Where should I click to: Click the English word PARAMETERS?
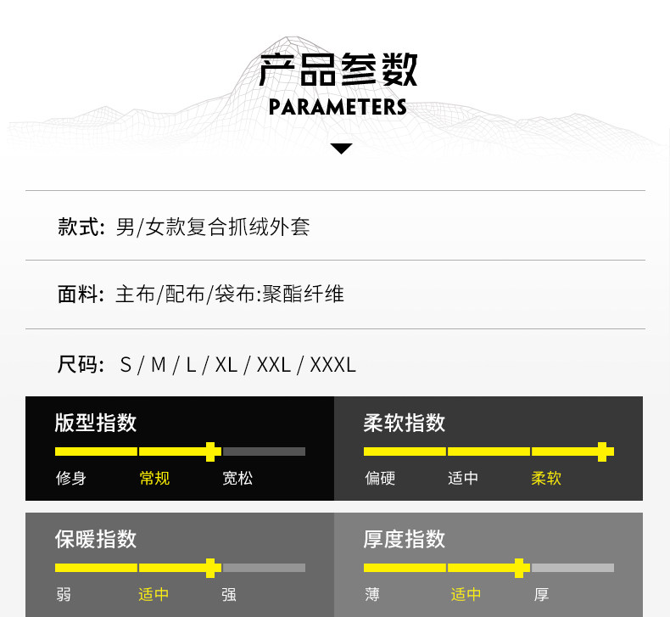click(x=338, y=107)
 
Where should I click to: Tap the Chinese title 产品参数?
click(x=338, y=70)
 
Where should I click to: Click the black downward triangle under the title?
click(x=341, y=149)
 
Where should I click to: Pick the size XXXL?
click(x=332, y=365)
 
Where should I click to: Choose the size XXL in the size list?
click(x=273, y=365)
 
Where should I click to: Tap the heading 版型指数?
click(x=95, y=423)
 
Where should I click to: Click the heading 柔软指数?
click(x=404, y=423)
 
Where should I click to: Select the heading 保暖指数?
click(x=95, y=539)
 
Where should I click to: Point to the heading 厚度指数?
click(x=404, y=539)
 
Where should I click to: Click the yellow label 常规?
click(x=154, y=478)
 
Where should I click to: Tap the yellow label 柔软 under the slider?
click(x=546, y=478)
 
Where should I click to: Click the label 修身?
click(x=71, y=478)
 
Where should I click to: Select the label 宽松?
click(x=237, y=478)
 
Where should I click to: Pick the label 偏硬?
click(x=380, y=478)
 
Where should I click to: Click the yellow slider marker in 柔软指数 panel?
click(x=603, y=452)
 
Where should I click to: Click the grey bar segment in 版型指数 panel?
click(x=264, y=452)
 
